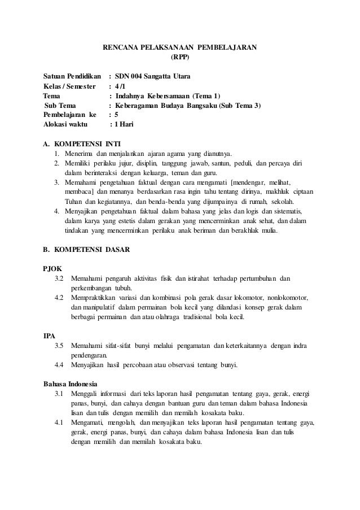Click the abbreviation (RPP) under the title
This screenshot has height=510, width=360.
[180, 57]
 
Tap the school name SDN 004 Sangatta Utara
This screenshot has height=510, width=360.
[152, 76]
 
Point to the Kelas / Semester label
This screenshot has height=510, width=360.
[69, 85]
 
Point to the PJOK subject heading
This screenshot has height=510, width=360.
[53, 268]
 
